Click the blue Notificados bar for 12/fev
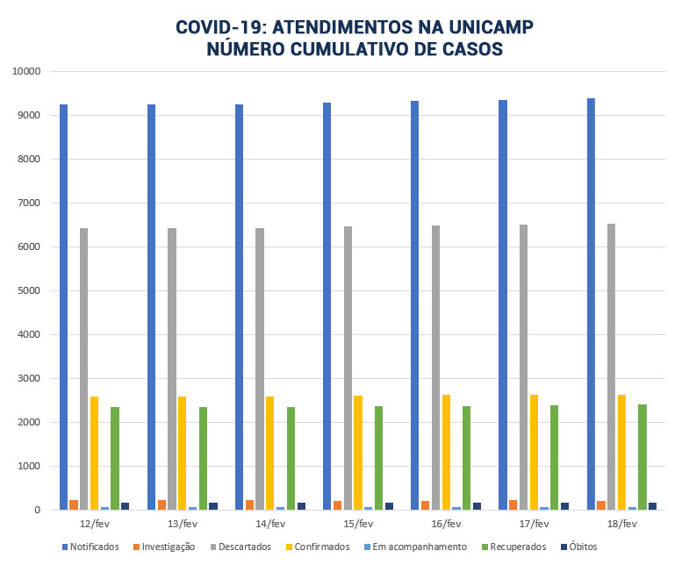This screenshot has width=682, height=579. pyautogui.click(x=64, y=307)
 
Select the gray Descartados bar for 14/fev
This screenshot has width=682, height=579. pyautogui.click(x=260, y=368)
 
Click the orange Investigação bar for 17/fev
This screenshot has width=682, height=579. pyautogui.click(x=513, y=504)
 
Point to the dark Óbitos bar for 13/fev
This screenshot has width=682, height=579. pyautogui.click(x=213, y=505)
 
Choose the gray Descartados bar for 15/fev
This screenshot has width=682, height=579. pyautogui.click(x=348, y=368)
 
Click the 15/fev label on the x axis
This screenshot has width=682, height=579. pyautogui.click(x=358, y=524)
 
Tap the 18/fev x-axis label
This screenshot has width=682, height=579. pyautogui.click(x=621, y=524)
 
